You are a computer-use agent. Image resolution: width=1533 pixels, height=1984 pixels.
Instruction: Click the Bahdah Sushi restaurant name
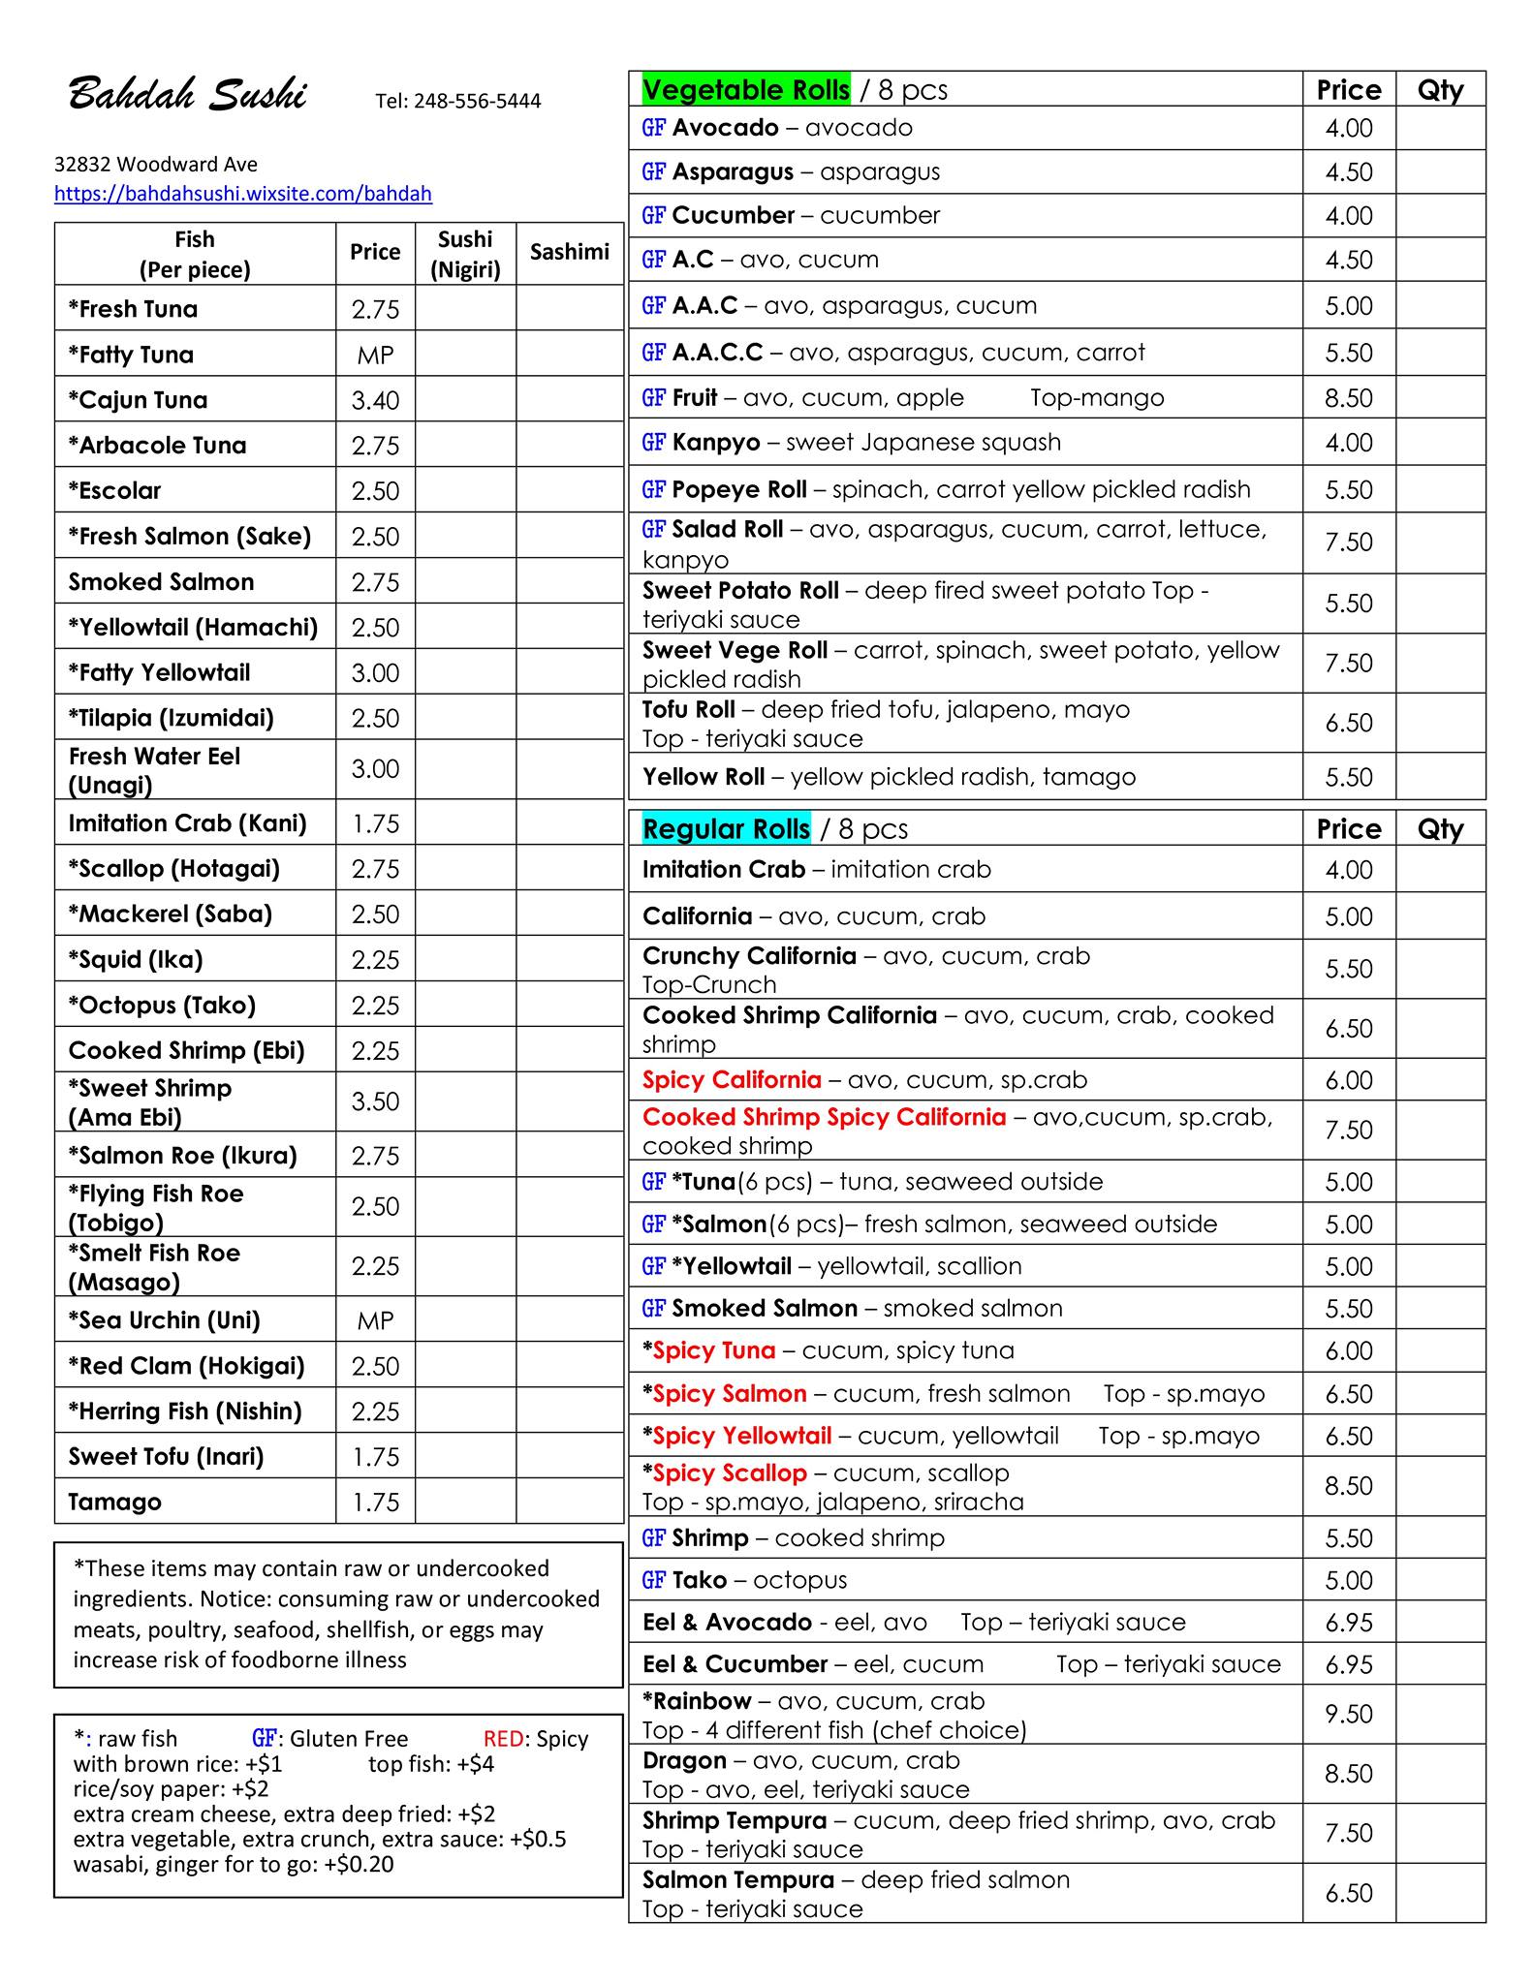click(x=187, y=96)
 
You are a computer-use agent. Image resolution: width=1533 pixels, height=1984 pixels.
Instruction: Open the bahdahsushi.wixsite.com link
click(x=242, y=193)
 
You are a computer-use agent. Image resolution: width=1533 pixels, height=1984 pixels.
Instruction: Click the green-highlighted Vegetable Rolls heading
click(x=745, y=90)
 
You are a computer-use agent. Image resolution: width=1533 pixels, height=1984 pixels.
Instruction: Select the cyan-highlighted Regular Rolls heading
click(x=726, y=829)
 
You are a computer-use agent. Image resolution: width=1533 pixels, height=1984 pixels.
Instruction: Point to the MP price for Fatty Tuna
click(x=375, y=355)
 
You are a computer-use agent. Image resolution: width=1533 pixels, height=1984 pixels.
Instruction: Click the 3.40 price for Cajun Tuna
click(x=375, y=400)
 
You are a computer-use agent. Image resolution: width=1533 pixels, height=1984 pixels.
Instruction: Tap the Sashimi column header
click(x=569, y=252)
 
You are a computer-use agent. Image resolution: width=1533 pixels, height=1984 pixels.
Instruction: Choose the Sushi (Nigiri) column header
click(x=465, y=254)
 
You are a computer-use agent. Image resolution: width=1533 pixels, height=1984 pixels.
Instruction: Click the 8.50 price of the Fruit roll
click(x=1349, y=398)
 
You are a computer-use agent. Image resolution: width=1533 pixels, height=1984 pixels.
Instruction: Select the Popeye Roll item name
click(x=738, y=489)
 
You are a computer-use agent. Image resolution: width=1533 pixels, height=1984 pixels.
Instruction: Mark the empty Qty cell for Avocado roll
click(x=1440, y=128)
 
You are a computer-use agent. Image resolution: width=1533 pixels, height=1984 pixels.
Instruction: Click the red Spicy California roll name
click(x=732, y=1079)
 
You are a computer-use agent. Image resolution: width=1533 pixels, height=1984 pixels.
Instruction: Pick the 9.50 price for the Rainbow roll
click(x=1349, y=1714)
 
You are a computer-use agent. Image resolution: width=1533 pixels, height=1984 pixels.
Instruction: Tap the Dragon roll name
click(x=684, y=1760)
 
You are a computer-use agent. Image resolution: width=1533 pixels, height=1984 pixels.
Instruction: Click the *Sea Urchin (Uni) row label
click(x=165, y=1319)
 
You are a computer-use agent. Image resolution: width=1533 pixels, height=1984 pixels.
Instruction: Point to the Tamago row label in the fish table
click(x=114, y=1502)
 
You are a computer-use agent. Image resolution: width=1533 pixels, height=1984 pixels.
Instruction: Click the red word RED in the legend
click(x=502, y=1738)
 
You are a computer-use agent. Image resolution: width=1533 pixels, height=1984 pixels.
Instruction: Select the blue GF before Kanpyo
click(x=653, y=443)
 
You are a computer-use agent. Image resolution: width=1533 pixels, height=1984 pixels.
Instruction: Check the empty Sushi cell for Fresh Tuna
click(x=465, y=309)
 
